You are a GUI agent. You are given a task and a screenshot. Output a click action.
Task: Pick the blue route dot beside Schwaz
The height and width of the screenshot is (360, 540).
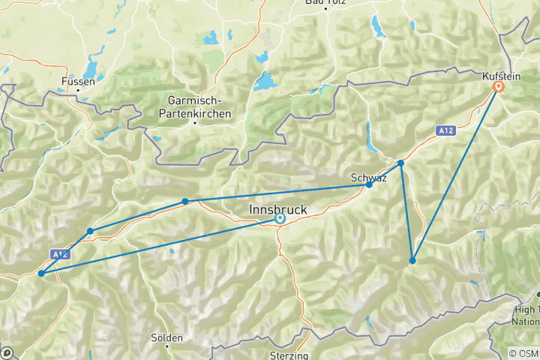click(369, 184)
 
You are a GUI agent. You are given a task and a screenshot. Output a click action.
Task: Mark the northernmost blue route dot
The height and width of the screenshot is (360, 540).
click(400, 163)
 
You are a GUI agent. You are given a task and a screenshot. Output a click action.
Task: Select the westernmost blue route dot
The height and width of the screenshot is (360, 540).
click(40, 274)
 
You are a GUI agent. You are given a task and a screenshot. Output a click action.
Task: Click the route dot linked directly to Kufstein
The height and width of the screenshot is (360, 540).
click(412, 260)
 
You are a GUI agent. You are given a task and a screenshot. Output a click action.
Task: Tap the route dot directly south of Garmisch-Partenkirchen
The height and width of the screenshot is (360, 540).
click(185, 201)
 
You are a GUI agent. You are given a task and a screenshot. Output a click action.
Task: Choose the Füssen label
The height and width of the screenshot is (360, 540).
click(78, 81)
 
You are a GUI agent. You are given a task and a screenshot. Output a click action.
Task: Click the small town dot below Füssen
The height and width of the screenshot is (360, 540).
click(78, 91)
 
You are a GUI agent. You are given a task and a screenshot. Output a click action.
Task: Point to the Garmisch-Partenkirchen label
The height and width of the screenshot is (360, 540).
click(194, 108)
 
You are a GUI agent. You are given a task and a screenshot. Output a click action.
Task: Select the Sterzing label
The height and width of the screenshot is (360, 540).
click(289, 355)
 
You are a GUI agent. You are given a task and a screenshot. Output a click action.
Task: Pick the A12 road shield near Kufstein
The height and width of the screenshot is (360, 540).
click(445, 130)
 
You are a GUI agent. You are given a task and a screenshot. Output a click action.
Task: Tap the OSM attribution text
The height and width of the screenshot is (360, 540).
click(523, 354)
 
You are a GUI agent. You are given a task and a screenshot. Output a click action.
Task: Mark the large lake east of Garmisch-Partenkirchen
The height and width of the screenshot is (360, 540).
click(266, 81)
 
